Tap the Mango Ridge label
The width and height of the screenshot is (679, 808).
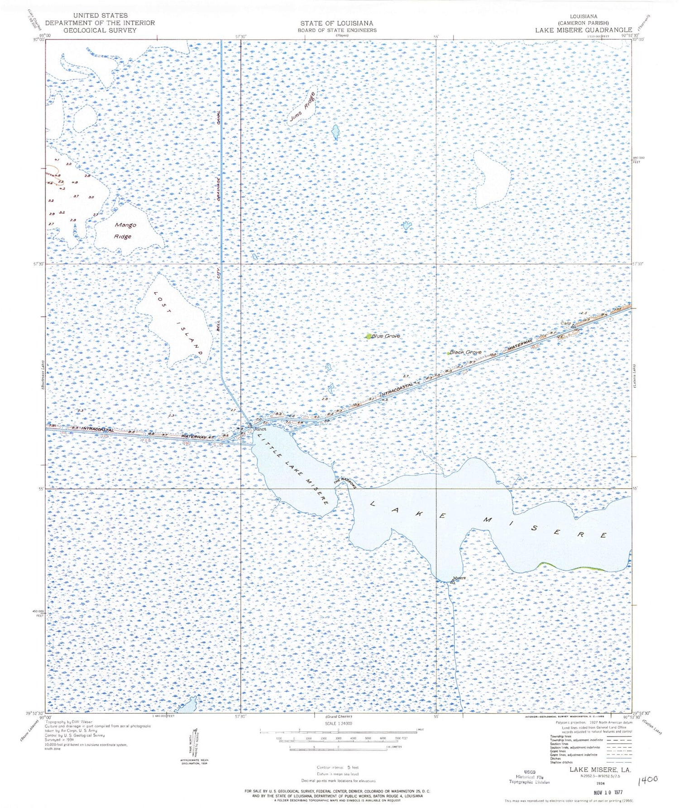(125, 231)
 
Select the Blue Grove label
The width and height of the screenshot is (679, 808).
(386, 336)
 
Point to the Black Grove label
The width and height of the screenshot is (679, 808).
(465, 352)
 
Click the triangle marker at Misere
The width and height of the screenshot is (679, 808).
(452, 582)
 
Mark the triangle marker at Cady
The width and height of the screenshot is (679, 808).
(573, 326)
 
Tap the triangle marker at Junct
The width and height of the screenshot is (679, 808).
(249, 426)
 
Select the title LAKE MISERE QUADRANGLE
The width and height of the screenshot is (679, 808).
(583, 30)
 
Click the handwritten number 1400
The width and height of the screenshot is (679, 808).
(647, 780)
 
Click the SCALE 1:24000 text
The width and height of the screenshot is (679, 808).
(338, 723)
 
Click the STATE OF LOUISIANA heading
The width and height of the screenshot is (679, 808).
(337, 23)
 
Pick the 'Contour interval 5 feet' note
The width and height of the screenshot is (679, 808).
(338, 767)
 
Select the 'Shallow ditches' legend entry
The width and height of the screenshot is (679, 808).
(561, 762)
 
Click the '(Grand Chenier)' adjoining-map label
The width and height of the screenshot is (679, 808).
(338, 717)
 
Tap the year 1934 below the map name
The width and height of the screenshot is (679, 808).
(600, 783)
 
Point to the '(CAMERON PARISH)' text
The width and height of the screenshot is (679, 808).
(583, 23)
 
